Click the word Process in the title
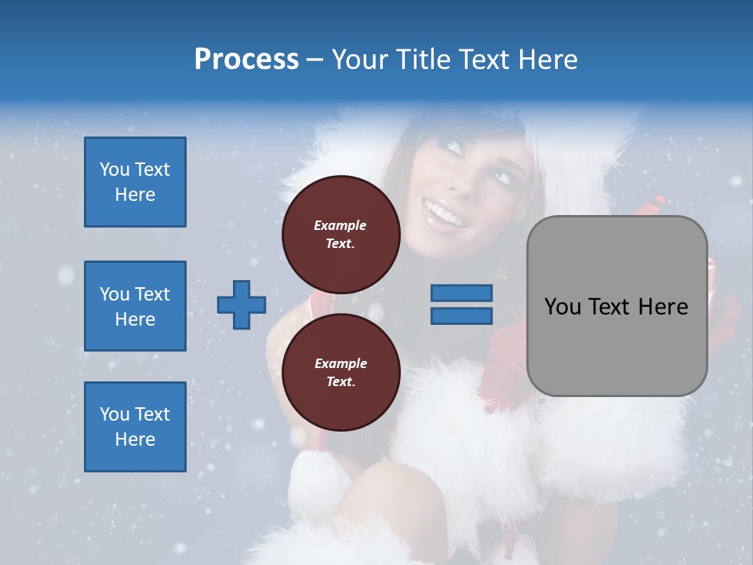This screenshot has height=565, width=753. pos(246,60)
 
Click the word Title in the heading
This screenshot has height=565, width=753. pos(421,60)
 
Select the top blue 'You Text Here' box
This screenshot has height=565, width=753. pos(135,182)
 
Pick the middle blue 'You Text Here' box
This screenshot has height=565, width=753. pos(135,306)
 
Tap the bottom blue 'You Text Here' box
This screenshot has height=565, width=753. pos(135,427)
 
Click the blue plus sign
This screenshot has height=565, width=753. pos(241,304)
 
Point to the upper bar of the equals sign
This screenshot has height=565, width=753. pos(461,293)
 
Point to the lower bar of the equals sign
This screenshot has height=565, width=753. pos(461,315)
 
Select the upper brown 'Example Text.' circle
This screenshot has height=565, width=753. pos(340,234)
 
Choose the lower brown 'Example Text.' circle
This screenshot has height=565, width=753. pos(340,372)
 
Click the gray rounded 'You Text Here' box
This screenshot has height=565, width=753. pos(617,306)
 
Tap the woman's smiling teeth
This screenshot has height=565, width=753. pos(442,213)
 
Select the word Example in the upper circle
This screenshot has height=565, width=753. pos(340,225)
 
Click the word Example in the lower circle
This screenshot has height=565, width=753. pos(340,363)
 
